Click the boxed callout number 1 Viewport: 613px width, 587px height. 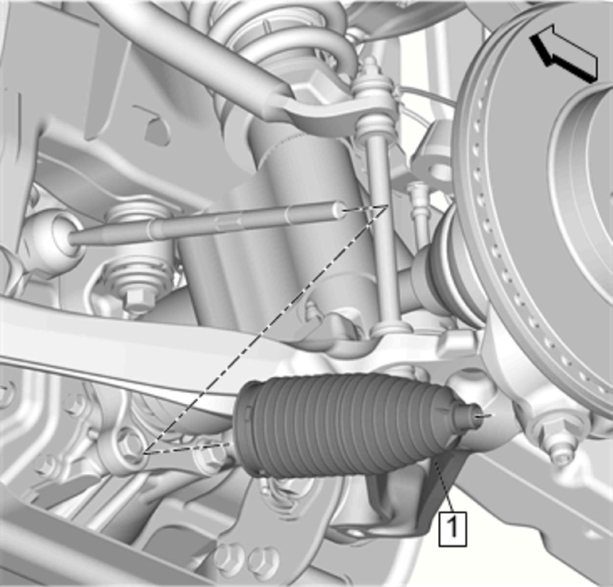pyautogui.click(x=453, y=530)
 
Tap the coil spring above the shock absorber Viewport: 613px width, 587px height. pyautogui.click(x=284, y=41)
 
